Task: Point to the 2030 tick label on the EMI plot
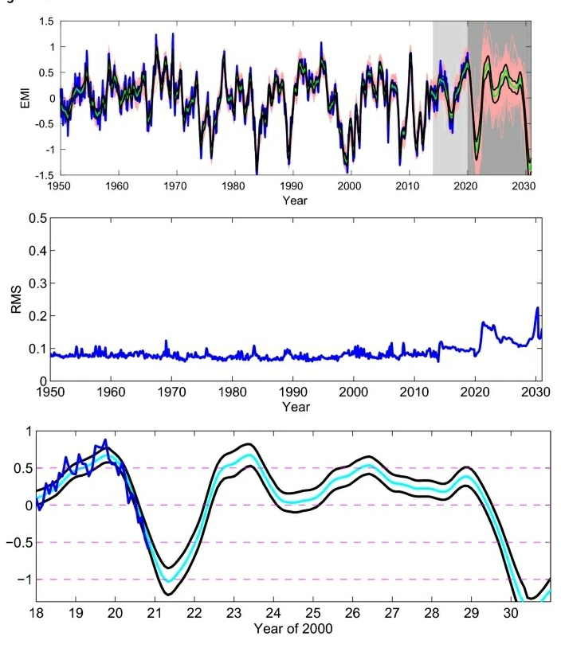click(523, 186)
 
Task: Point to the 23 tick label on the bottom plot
click(233, 613)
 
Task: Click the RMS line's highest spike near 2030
click(537, 308)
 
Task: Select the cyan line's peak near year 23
click(250, 455)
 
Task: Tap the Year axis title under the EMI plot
click(294, 200)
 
